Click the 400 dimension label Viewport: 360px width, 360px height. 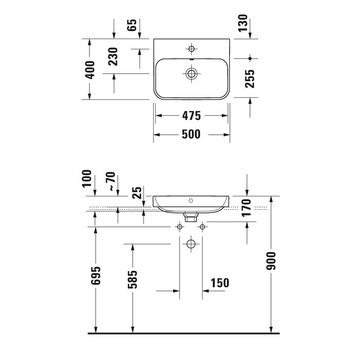[x=89, y=70]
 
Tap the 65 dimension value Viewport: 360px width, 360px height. [x=132, y=25]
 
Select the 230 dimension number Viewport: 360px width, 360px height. [x=113, y=57]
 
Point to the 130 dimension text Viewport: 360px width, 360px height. [x=243, y=23]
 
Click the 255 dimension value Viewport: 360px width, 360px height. [x=250, y=79]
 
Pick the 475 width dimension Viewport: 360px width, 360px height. [x=191, y=116]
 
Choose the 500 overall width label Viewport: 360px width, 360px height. [x=191, y=134]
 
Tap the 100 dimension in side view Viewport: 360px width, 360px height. [x=87, y=178]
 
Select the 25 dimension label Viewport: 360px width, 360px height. [x=137, y=193]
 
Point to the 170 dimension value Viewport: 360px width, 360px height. [x=246, y=208]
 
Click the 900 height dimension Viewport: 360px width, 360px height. [x=271, y=261]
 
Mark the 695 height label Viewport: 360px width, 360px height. [x=96, y=276]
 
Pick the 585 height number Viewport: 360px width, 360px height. [x=132, y=279]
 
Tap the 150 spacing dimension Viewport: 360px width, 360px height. [x=220, y=283]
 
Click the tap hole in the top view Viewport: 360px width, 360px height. [x=191, y=49]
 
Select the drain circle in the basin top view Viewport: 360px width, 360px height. [x=191, y=74]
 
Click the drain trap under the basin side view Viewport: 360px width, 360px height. [x=191, y=217]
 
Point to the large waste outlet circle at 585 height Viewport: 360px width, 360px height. [x=191, y=244]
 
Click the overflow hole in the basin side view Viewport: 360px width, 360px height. [x=191, y=201]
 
